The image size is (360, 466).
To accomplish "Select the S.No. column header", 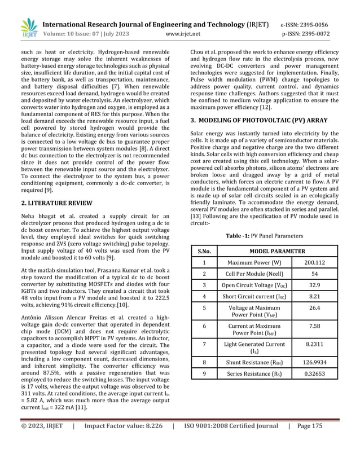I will [203, 251].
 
